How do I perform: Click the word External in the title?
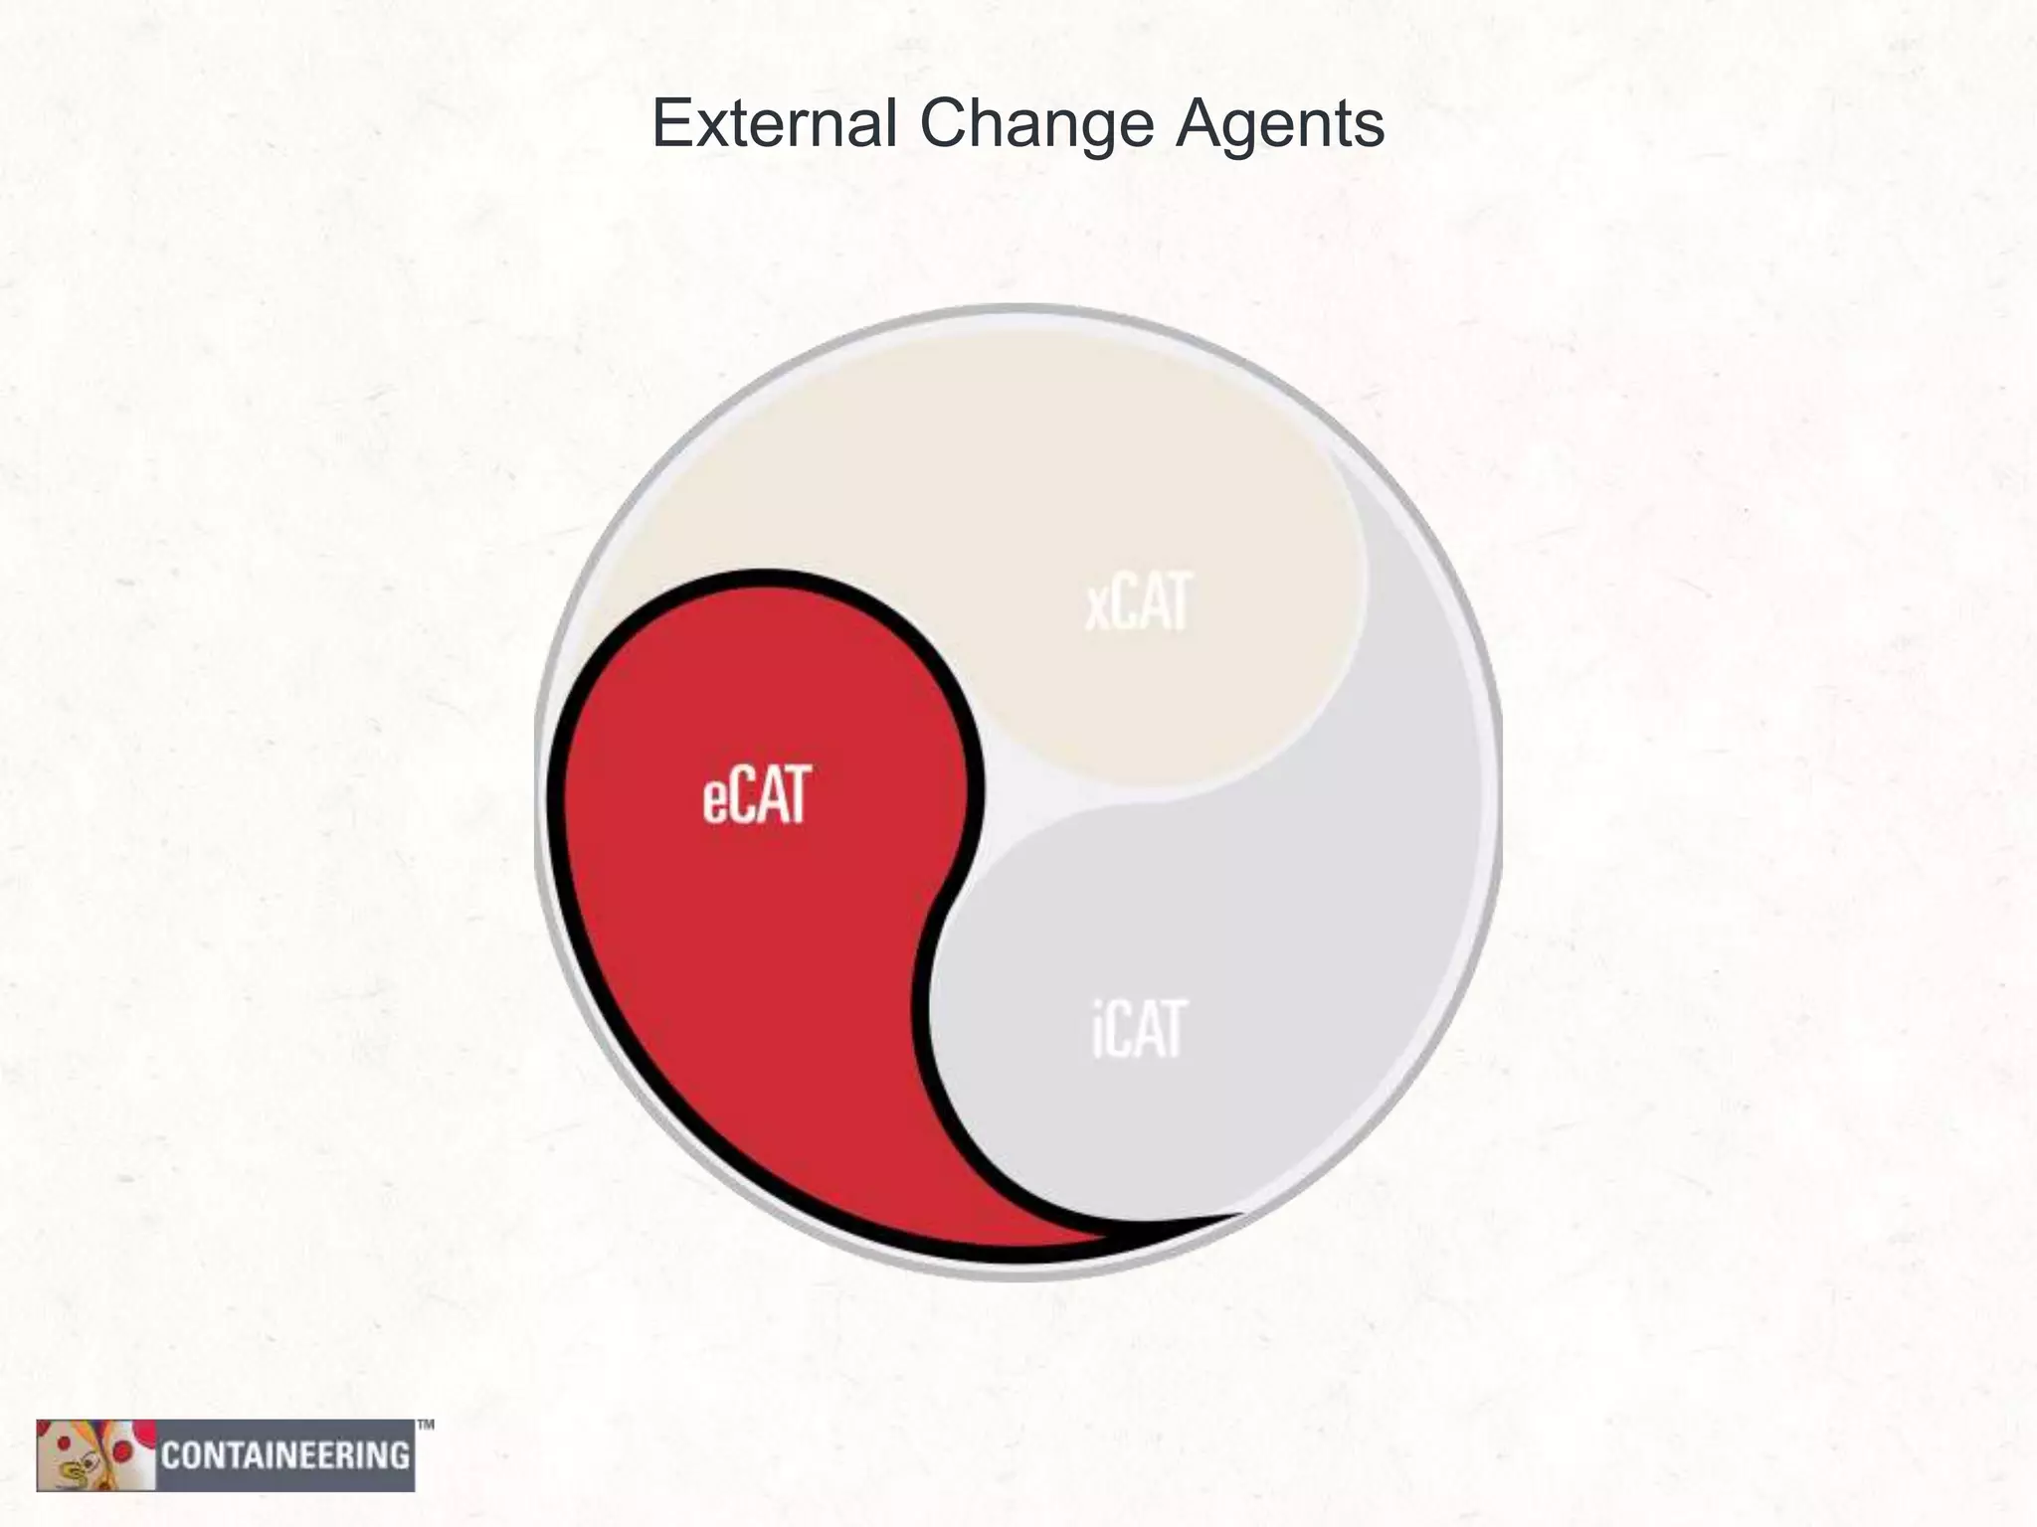(774, 124)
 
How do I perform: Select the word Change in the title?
(1035, 126)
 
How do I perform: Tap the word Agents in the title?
(1279, 126)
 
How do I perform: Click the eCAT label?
(757, 794)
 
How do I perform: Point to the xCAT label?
(1138, 602)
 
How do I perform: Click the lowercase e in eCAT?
(716, 800)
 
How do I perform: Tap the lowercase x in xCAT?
(1095, 607)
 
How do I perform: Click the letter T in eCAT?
(794, 794)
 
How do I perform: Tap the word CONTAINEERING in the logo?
(285, 1456)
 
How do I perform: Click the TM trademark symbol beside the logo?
(425, 1426)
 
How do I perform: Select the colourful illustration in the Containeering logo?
(95, 1454)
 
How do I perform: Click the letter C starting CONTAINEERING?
(170, 1456)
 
